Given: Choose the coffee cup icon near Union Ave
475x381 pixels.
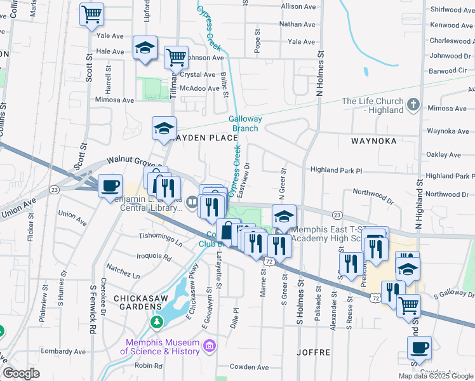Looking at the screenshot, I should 110,185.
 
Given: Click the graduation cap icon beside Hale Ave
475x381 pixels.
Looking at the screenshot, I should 145,48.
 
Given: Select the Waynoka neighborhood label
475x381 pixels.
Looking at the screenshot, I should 376,140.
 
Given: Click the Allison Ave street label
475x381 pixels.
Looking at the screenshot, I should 298,6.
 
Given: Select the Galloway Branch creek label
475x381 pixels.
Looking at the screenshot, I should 244,124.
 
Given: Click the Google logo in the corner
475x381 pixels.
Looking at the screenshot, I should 21,373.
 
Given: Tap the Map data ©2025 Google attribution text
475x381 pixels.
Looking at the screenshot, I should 435,376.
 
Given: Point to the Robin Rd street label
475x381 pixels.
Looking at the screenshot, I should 149,366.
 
